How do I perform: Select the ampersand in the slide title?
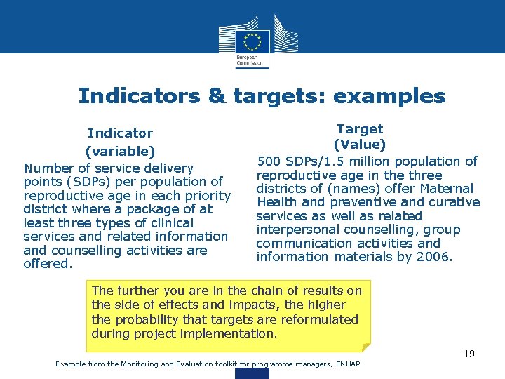click(217, 95)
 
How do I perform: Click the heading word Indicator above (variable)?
click(120, 133)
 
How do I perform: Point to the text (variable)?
click(120, 151)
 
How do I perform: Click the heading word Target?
click(360, 128)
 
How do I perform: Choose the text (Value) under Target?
click(360, 145)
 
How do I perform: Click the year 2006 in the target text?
click(437, 257)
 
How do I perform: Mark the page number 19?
click(469, 354)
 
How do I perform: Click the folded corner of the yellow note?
click(366, 345)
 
